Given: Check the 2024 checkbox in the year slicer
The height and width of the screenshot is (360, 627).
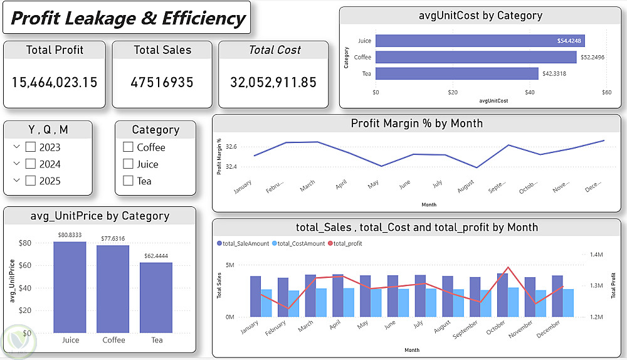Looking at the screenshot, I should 30,164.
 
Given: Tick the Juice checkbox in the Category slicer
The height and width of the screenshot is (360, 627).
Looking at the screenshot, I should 129,164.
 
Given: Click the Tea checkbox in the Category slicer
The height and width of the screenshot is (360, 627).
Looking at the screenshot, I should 129,181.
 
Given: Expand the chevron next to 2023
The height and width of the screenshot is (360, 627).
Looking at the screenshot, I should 16,147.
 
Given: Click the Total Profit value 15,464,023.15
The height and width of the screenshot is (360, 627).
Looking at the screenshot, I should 55,82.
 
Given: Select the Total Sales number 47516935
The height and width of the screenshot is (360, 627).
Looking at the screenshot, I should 162,82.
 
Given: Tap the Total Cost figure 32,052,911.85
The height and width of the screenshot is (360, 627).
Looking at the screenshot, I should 273,82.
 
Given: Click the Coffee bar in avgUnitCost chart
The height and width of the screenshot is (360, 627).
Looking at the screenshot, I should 475,57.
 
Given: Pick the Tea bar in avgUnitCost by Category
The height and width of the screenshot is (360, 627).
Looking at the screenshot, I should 456,73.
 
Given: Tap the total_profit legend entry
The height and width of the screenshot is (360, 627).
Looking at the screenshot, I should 347,243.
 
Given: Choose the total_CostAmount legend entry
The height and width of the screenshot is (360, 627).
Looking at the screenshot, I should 298,243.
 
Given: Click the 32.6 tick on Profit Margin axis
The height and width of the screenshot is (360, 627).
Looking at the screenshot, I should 231,147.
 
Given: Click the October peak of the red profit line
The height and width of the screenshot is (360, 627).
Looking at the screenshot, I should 508,268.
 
